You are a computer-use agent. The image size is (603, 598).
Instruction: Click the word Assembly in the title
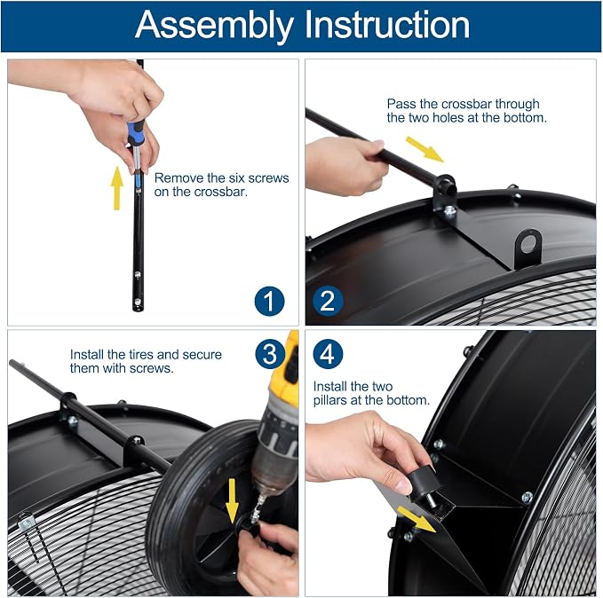point(214,26)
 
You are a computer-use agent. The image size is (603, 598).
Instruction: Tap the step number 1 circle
point(270,302)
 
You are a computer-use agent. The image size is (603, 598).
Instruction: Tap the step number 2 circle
point(328,302)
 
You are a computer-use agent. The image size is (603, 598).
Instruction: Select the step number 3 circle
point(270,354)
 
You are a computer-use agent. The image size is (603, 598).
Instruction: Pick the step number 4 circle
point(328,354)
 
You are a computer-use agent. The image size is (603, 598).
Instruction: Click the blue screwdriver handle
point(136,132)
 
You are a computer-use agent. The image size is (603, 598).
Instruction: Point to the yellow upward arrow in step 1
point(117,188)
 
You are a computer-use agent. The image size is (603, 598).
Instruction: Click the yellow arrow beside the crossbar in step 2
point(424,149)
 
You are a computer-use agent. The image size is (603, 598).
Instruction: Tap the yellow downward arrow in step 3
point(232,500)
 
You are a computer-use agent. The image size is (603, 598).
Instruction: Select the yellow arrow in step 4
point(417,519)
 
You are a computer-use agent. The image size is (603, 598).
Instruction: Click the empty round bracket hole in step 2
point(528,243)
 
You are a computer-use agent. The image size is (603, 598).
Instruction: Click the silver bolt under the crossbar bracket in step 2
point(449,210)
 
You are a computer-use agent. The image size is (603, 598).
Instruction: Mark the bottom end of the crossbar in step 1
point(138,309)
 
